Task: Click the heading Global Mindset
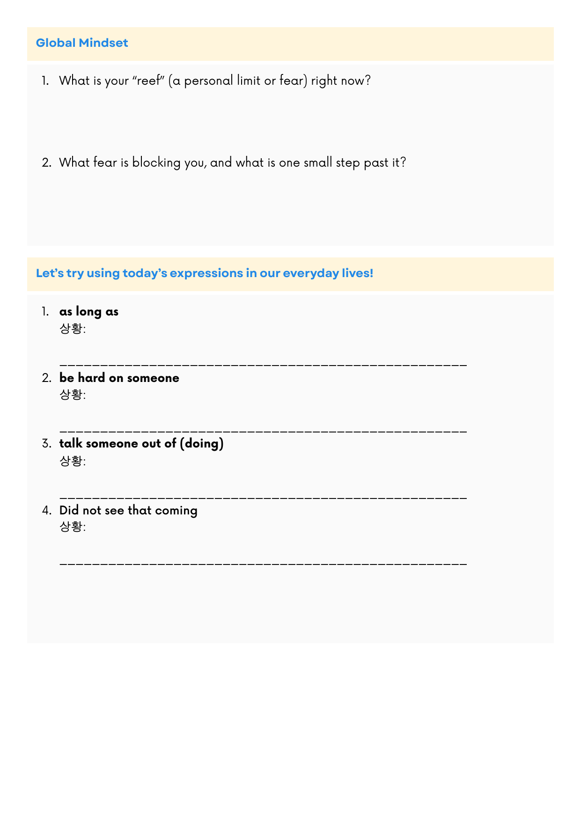click(x=82, y=43)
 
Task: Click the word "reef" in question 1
click(x=149, y=81)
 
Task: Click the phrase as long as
click(x=89, y=312)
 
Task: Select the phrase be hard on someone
click(x=119, y=378)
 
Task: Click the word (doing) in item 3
click(x=202, y=443)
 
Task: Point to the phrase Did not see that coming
click(x=128, y=510)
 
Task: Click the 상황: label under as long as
click(x=73, y=329)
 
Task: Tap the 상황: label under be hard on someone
click(x=73, y=395)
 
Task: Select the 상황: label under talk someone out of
click(x=73, y=461)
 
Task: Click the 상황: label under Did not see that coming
click(x=73, y=527)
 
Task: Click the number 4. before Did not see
click(x=46, y=510)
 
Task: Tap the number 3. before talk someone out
click(x=46, y=444)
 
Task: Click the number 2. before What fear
click(x=46, y=163)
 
